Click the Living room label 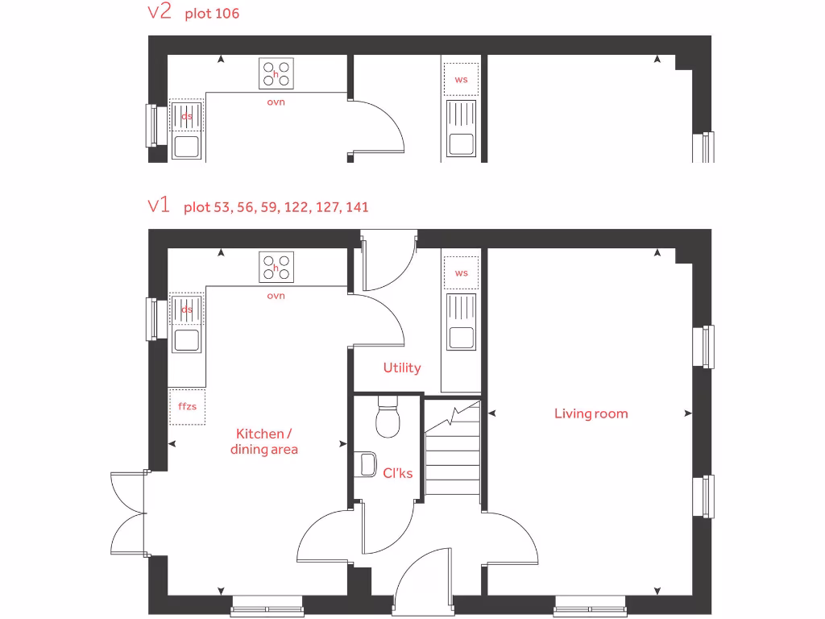(x=591, y=413)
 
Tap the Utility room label (x=401, y=368)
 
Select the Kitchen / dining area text (x=264, y=442)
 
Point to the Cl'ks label (x=398, y=473)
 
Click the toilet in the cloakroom (x=388, y=418)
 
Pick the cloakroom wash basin (x=367, y=463)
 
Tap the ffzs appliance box (x=187, y=406)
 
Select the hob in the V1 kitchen (x=276, y=267)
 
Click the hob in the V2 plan (x=276, y=73)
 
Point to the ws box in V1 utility (x=461, y=273)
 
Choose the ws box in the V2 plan (x=461, y=80)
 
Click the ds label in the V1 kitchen (x=187, y=309)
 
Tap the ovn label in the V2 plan (x=276, y=102)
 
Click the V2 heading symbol (x=160, y=13)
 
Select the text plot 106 (x=212, y=14)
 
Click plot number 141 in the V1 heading (x=355, y=207)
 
